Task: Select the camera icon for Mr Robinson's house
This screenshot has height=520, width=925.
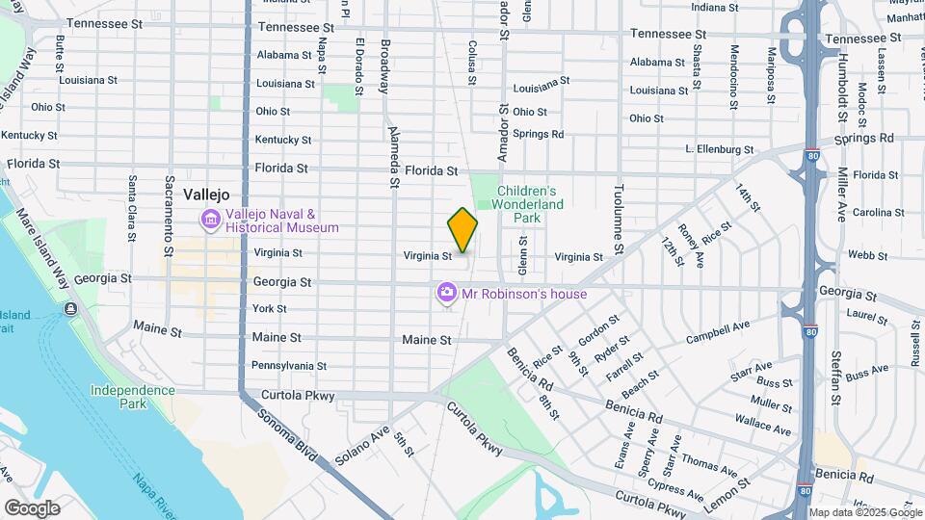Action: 446,292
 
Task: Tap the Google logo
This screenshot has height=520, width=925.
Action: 32,507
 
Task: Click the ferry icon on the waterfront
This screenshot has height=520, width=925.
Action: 70,309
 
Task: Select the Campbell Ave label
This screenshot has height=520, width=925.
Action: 717,332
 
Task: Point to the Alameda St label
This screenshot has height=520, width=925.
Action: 393,155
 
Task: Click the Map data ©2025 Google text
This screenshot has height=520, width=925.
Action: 865,512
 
